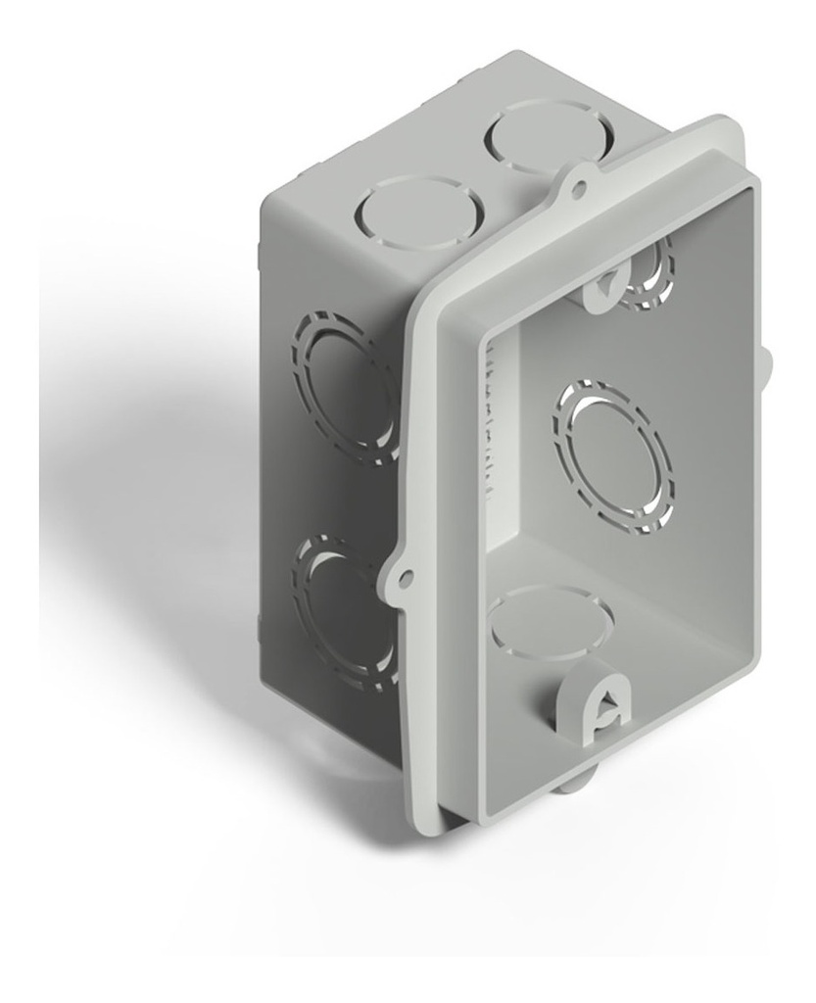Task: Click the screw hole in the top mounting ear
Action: (580, 181)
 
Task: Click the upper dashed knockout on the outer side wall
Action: (348, 389)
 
